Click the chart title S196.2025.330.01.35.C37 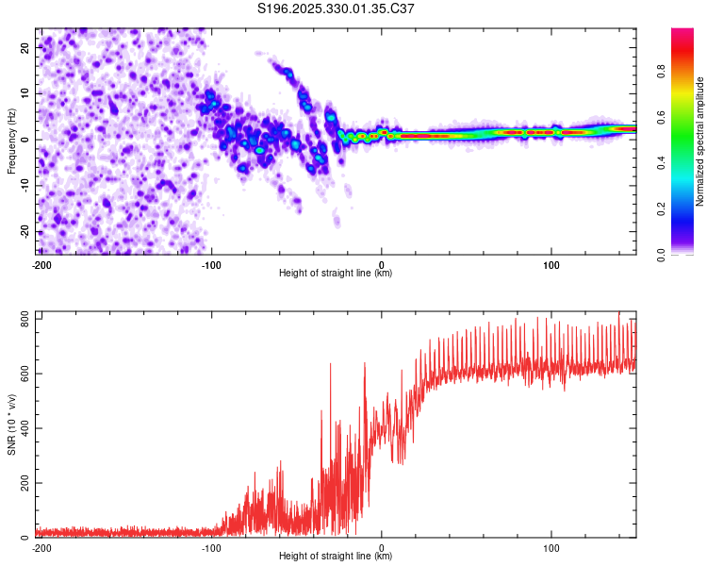point(337,9)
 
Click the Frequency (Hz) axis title point(11,141)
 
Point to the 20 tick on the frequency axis point(25,46)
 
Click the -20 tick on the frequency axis point(23,232)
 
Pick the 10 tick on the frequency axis point(25,92)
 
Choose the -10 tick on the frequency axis point(23,186)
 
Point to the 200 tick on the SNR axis point(22,484)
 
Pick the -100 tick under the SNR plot point(211,548)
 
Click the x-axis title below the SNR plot point(336,557)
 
